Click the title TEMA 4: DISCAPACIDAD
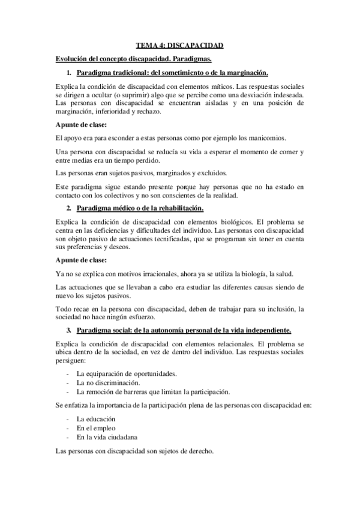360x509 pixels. pos(179,45)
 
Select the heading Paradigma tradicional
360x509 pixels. pos(166,73)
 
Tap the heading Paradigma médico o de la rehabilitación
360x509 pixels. pos(140,208)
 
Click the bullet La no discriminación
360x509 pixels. pos(96,382)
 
